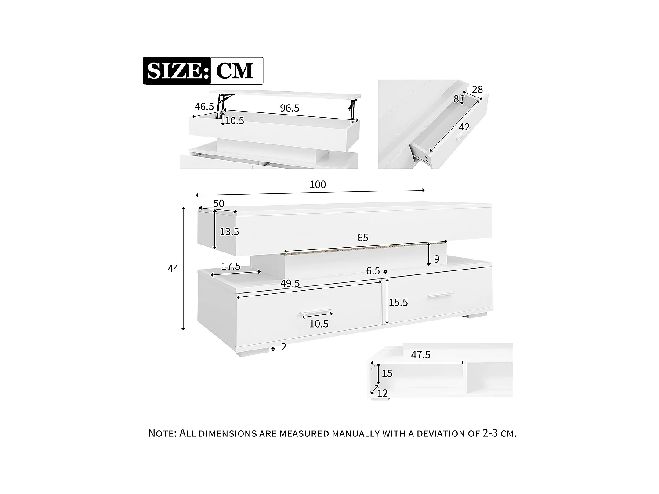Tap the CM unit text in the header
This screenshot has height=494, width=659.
coord(235,71)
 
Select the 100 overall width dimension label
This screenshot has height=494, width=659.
coord(318,184)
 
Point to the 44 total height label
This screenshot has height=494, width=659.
coord(173,269)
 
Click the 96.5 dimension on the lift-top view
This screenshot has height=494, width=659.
coord(290,108)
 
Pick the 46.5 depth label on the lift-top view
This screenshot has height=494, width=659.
coord(204,106)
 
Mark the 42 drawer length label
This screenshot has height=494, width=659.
coord(464,127)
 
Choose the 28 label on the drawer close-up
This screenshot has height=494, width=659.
coord(477,90)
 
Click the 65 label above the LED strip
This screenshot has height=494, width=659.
coord(362,238)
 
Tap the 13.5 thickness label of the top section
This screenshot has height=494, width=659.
coord(229,232)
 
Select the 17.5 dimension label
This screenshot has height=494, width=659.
coord(231,266)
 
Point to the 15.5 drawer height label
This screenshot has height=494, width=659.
coord(398,303)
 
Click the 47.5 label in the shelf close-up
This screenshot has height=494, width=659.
coord(420,355)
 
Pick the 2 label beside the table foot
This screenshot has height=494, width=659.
coord(284,347)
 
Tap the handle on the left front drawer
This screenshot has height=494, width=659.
coord(316,314)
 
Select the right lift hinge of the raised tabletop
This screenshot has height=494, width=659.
coord(352,109)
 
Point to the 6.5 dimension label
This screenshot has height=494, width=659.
coord(373,271)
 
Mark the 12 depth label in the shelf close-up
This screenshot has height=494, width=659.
coord(383,393)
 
